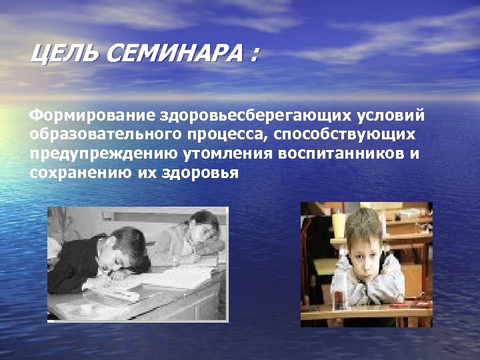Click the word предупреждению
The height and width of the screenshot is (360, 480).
pos(99,154)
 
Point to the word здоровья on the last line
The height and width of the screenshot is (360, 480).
pos(199,173)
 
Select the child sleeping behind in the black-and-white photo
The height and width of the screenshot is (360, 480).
pos(200,233)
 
